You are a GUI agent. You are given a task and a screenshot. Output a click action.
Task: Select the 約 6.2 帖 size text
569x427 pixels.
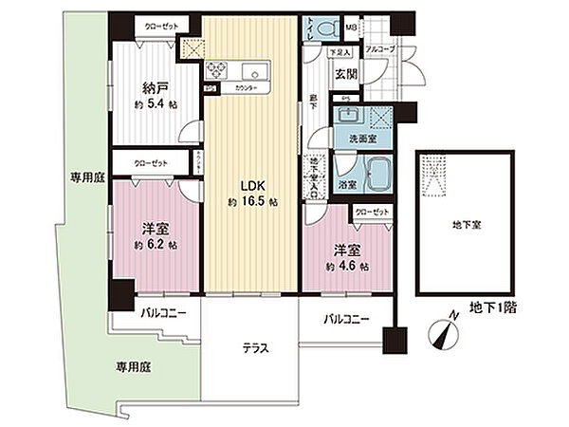point(156,246)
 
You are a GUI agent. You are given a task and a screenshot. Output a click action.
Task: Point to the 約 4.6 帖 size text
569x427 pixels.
point(347,267)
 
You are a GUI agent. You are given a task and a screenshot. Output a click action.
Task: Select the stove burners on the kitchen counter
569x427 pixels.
point(217,69)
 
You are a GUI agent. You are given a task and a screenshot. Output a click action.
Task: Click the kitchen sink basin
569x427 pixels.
point(256,72)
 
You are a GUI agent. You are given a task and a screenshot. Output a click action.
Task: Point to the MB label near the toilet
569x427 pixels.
point(376,27)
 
